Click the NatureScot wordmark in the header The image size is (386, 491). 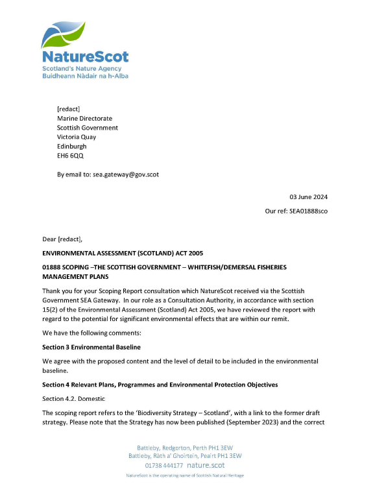85,57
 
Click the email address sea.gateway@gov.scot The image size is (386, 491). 126,174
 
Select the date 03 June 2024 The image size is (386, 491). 308,197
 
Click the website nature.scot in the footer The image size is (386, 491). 208,465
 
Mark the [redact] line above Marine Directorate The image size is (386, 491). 68,109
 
